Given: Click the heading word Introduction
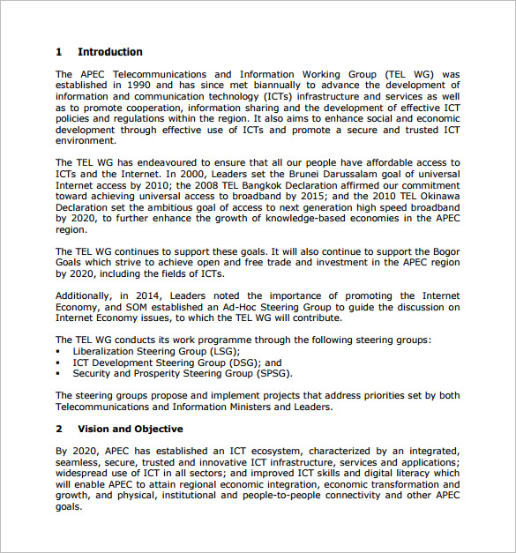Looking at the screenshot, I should coord(109,52).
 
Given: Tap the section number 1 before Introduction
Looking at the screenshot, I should coord(58,52).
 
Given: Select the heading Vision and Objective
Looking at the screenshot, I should coord(130,429).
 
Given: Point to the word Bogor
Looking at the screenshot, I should coord(444,251).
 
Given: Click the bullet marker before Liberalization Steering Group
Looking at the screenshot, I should coord(58,351).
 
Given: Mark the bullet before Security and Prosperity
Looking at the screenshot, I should coord(58,373).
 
